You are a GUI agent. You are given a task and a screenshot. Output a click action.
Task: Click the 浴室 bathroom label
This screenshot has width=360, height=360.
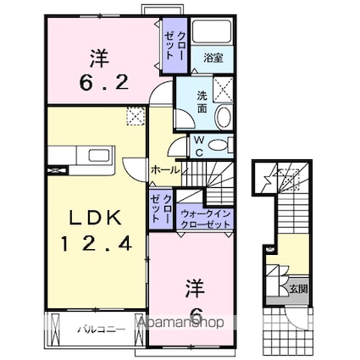(213, 58)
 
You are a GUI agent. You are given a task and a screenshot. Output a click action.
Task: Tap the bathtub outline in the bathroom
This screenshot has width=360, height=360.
(212, 31)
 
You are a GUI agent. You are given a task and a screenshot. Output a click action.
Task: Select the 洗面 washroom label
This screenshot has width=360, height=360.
(202, 102)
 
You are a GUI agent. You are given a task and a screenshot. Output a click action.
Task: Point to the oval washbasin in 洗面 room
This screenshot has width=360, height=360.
(224, 116)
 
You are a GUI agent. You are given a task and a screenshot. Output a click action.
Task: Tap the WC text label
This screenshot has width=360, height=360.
(199, 147)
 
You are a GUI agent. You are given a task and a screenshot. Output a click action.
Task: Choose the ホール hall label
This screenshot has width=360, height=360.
(165, 170)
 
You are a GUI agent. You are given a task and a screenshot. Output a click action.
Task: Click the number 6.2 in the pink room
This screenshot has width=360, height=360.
(103, 83)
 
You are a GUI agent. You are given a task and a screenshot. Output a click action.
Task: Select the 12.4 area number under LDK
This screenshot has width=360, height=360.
(97, 243)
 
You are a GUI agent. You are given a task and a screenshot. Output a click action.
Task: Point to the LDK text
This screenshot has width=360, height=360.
(96, 218)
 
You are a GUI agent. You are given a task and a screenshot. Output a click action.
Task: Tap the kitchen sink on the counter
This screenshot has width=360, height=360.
(99, 155)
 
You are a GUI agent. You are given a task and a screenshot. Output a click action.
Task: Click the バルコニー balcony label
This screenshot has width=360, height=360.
(101, 330)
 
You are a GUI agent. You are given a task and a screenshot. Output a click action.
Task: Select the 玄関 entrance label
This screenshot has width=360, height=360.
(299, 289)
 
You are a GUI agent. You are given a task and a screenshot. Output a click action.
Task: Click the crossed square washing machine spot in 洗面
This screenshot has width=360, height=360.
(223, 89)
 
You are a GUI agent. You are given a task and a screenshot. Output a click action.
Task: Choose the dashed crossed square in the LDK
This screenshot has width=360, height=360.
(136, 116)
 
